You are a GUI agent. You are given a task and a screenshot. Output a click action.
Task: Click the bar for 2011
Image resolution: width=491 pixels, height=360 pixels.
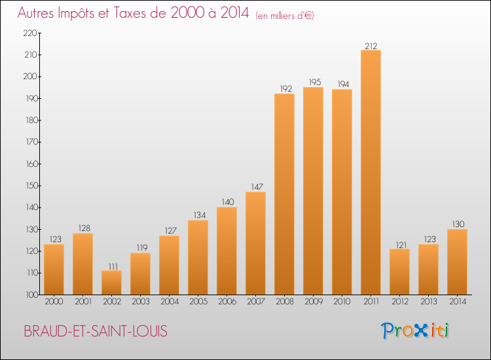tap(371, 172)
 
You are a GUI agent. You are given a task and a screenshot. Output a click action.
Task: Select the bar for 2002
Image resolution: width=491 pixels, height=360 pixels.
tap(111, 282)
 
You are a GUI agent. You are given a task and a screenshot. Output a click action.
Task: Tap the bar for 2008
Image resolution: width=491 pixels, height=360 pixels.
tap(284, 194)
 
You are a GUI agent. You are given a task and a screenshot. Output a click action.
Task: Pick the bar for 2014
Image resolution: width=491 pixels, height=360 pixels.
tap(457, 262)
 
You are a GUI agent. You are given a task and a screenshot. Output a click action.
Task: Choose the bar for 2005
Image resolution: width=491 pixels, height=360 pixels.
tap(198, 257)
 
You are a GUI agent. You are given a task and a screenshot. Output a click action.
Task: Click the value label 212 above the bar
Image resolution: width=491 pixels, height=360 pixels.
tap(371, 46)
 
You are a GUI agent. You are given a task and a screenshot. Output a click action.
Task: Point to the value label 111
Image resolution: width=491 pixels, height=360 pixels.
tap(111, 266)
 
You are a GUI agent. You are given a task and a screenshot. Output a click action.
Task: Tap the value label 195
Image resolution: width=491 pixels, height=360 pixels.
tap(313, 82)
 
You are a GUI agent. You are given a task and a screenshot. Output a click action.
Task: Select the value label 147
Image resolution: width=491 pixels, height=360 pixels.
tap(255, 187)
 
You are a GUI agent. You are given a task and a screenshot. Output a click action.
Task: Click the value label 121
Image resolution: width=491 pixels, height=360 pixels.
tap(399, 244)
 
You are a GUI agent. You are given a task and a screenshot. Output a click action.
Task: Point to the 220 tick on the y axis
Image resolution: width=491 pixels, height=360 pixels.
tap(30, 33)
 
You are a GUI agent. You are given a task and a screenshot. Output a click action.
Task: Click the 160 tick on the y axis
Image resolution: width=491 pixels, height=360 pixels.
tap(30, 164)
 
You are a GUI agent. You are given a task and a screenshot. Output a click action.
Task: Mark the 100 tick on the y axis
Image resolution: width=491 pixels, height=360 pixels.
tap(30, 295)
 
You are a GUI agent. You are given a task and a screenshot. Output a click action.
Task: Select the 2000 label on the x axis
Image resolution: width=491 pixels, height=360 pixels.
tap(54, 302)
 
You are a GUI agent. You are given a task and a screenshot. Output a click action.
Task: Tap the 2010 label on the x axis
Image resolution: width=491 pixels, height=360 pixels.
tap(342, 302)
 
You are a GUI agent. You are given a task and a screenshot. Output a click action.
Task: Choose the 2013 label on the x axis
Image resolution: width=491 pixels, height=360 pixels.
tap(428, 302)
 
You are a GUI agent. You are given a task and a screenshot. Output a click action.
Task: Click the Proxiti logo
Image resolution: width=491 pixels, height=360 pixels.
tap(415, 331)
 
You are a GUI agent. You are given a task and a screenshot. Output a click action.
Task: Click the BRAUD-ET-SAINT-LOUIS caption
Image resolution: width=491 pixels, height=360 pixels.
tap(95, 331)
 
